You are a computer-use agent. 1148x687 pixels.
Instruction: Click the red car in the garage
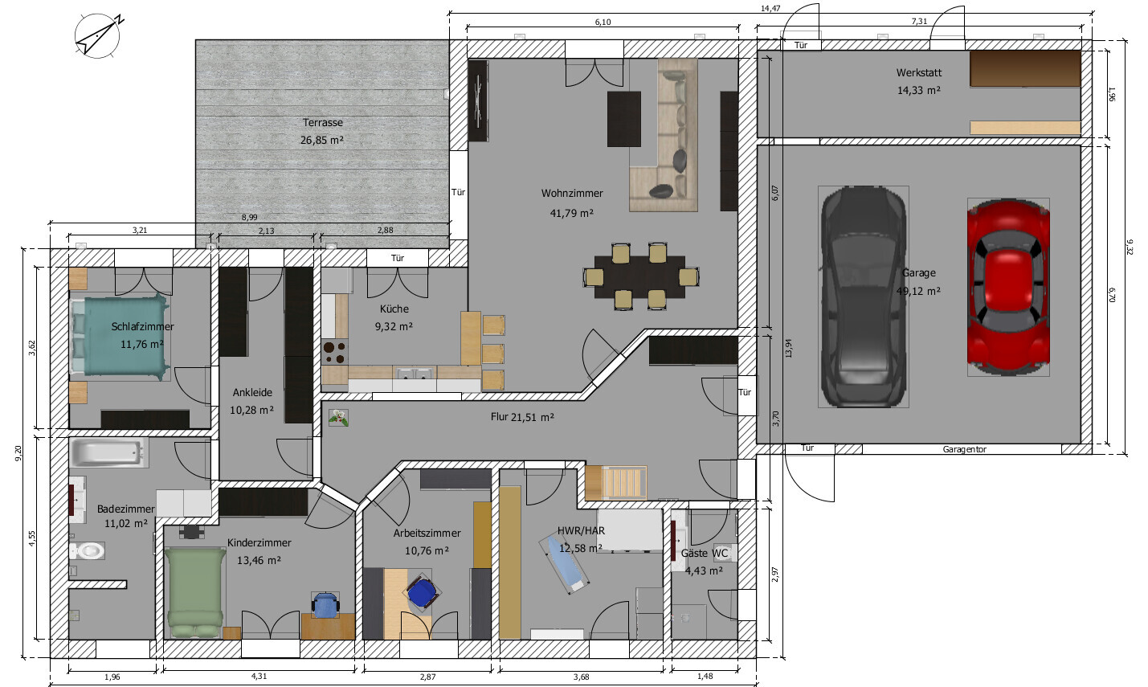tap(1008, 287)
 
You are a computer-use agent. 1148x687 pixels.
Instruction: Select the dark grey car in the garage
tap(864, 296)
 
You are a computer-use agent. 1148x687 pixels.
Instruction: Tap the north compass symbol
tap(98, 36)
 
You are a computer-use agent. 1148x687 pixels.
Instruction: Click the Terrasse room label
tap(322, 122)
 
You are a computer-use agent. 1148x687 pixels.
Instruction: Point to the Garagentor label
tap(965, 450)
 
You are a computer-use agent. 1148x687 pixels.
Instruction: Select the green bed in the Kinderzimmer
tap(194, 593)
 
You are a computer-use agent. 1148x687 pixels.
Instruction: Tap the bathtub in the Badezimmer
tap(108, 452)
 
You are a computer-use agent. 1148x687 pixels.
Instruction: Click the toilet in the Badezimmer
tap(87, 551)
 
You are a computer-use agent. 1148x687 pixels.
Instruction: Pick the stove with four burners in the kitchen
tap(335, 352)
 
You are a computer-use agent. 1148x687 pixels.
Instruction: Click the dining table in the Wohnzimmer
tap(640, 277)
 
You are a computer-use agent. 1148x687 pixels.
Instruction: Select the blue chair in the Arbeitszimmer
tap(422, 592)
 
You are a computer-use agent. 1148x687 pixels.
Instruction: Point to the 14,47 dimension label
tap(770, 8)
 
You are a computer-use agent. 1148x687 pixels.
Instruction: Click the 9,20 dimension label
tap(18, 453)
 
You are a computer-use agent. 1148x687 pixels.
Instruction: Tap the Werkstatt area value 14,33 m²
tap(918, 90)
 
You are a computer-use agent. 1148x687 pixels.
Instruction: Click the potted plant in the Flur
tap(339, 417)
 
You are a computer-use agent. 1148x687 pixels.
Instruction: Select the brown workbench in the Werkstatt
tap(1025, 69)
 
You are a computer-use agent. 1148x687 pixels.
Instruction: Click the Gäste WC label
tap(705, 553)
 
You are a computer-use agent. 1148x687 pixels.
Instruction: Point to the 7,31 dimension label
tap(919, 21)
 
